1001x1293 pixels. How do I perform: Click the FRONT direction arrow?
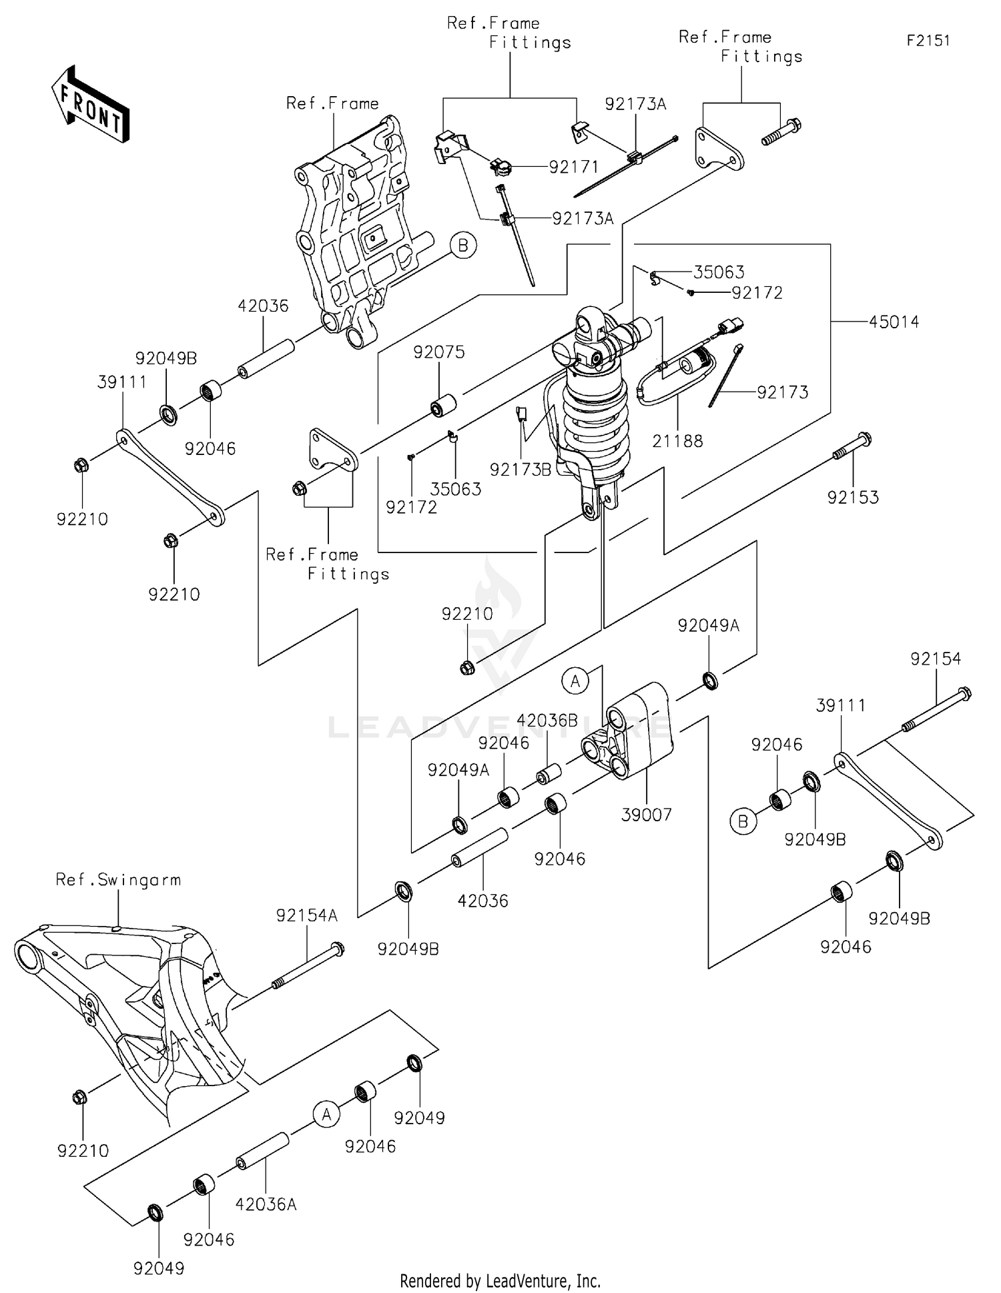pos(90,105)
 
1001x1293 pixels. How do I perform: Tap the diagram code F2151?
pos(928,41)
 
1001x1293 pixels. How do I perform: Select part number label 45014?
pos(894,322)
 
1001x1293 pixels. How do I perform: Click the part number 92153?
pos(853,498)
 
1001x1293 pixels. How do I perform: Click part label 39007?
pos(646,815)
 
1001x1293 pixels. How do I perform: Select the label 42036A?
pos(266,1204)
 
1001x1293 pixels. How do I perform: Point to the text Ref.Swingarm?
pos(118,880)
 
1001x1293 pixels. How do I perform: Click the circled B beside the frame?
pos(463,246)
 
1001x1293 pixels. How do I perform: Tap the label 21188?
pos(677,441)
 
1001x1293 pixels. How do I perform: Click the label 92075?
pos(438,352)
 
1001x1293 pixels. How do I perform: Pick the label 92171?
pos(573,167)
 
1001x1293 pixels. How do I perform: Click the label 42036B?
pos(547,721)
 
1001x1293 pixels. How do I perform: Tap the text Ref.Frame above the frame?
pos(332,103)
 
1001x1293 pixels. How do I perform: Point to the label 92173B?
pos(520,470)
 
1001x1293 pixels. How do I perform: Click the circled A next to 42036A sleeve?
pos(326,1115)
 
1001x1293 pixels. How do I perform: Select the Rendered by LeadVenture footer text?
pos(500,1281)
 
